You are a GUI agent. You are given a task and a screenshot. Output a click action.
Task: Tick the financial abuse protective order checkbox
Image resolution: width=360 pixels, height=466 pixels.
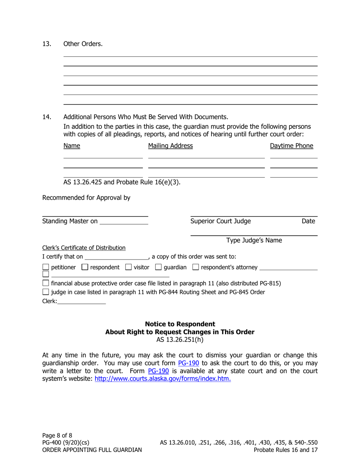pos(45,283)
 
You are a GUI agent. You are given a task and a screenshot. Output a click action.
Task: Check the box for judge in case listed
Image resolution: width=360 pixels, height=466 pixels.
pos(45,292)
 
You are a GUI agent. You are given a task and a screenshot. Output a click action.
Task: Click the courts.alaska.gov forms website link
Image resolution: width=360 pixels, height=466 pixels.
pos(163,378)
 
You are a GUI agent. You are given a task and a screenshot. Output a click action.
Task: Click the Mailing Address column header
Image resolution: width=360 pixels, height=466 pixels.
pos(170,146)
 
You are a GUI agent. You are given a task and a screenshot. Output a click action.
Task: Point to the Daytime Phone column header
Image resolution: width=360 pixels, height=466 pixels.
pos(291,146)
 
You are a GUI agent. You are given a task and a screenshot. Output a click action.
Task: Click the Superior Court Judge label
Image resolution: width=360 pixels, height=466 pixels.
pos(220,222)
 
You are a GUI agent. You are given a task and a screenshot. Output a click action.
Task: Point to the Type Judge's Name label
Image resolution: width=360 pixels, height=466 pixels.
pos(254,241)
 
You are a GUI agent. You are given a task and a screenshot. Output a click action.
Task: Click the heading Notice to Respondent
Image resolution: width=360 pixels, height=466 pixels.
pos(180,324)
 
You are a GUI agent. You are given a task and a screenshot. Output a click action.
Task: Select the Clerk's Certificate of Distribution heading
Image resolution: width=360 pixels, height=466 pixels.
pos(84,248)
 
